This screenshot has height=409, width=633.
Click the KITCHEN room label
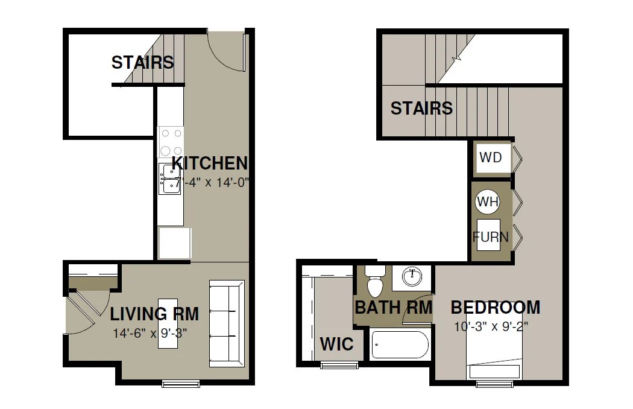pos(210,163)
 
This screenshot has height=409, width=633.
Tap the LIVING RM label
pos(154,314)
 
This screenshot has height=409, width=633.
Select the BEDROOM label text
pos(496,308)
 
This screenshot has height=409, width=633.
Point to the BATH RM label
pos(393,307)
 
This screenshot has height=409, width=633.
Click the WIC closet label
pos(336,344)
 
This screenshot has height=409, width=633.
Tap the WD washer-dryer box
pos(491,158)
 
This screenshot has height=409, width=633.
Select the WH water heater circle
pos(487,201)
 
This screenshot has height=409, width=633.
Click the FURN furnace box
pos(490,236)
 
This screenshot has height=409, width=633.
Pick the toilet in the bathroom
pos(376,282)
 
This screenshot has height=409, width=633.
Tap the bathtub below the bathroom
pos(400,345)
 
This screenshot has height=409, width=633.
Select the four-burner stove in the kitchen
pos(171,142)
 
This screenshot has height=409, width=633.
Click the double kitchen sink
pos(169,179)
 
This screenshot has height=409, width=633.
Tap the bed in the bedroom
pos(494,356)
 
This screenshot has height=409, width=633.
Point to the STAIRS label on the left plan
pos(142,62)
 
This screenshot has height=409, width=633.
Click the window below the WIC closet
pos(339,365)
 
